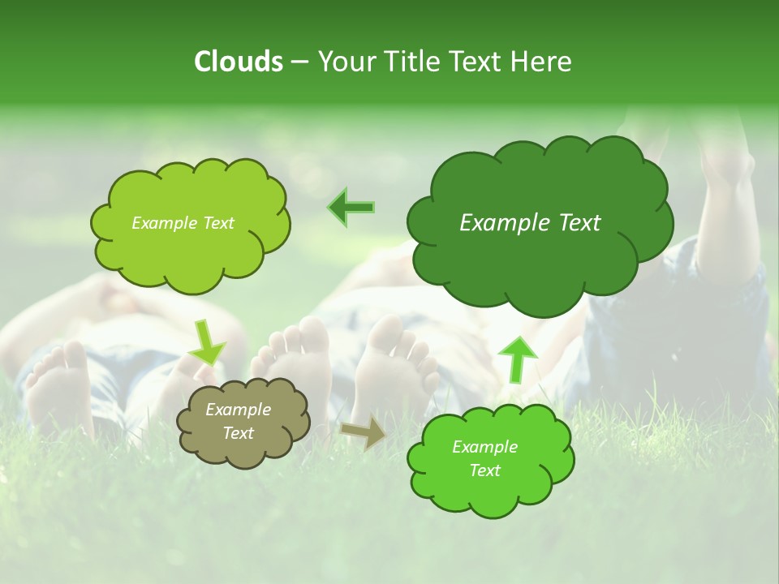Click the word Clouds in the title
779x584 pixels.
click(239, 62)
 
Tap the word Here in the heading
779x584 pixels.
click(541, 62)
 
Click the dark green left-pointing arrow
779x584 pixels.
click(351, 208)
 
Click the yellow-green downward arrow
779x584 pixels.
click(206, 341)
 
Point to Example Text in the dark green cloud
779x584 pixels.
click(530, 223)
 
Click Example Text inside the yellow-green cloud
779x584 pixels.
click(183, 223)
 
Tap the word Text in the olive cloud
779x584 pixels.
click(238, 433)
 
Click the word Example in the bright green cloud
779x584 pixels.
click(484, 447)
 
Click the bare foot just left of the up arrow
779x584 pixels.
click(394, 361)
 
